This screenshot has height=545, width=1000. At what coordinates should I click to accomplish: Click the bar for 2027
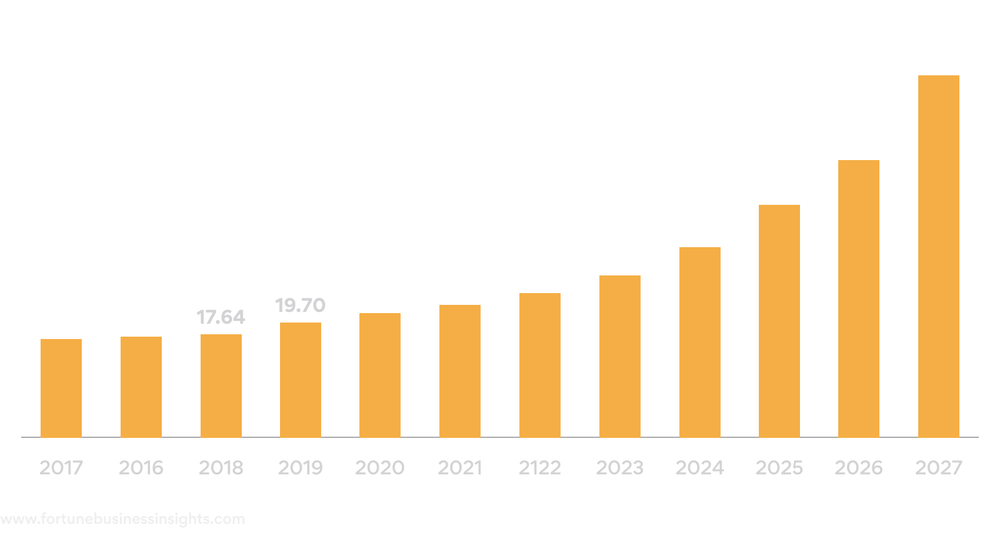[x=938, y=256]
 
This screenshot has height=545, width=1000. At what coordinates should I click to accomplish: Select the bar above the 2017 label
[x=61, y=388]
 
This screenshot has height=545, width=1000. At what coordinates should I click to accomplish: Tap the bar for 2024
[x=699, y=342]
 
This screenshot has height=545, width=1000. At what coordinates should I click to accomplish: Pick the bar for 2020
[x=380, y=375]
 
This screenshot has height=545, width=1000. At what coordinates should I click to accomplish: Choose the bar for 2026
[x=859, y=298]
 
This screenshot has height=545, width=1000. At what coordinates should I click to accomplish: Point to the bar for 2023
[x=620, y=356]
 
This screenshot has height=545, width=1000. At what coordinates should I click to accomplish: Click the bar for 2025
[x=779, y=321]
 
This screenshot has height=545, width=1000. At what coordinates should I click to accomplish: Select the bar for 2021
[x=460, y=371]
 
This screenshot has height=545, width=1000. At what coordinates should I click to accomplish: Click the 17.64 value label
[x=221, y=317]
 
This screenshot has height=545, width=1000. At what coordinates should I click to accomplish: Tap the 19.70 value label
[x=300, y=305]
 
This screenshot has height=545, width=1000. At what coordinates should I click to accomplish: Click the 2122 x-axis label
[x=539, y=468]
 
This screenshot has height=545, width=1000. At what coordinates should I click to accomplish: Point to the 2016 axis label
[x=141, y=468]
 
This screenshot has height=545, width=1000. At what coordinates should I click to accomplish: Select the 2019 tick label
[x=300, y=468]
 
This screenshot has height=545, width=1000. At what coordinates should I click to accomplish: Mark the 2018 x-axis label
[x=221, y=468]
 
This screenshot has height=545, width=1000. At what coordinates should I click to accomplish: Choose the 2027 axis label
[x=939, y=468]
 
